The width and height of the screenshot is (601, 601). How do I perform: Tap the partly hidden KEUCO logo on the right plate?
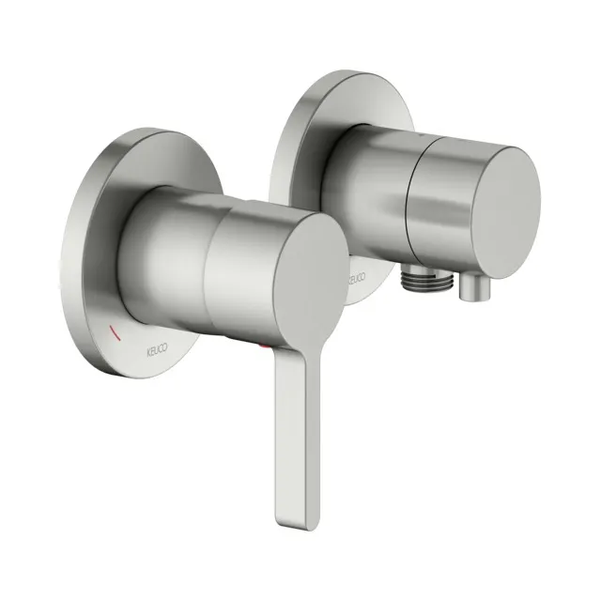click(x=355, y=279)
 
